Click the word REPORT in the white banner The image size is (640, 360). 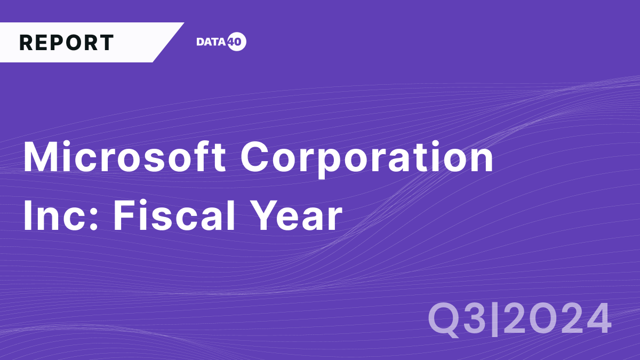click(66, 43)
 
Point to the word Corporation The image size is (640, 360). click(367, 158)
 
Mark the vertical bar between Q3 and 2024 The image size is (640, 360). click(494, 318)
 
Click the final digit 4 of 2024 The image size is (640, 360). click(596, 318)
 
